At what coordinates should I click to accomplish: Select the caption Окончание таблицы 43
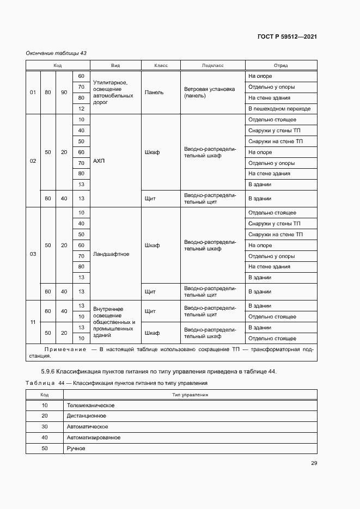click(x=56, y=53)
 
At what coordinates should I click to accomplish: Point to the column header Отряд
click(x=281, y=65)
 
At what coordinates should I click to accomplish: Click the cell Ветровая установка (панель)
click(x=209, y=92)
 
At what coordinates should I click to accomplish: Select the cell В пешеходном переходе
click(x=279, y=109)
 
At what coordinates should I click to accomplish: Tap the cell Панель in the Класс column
click(x=154, y=93)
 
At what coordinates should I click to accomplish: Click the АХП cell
click(x=99, y=161)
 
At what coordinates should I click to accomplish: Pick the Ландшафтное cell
click(x=111, y=254)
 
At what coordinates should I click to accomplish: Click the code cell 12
click(x=81, y=109)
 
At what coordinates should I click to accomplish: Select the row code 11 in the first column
click(x=33, y=322)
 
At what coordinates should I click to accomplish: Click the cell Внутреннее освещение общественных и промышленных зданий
click(x=114, y=322)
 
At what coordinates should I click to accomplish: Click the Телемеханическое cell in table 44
click(x=90, y=406)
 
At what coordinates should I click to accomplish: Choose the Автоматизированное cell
click(x=93, y=438)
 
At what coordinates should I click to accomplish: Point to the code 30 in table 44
click(x=45, y=427)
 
